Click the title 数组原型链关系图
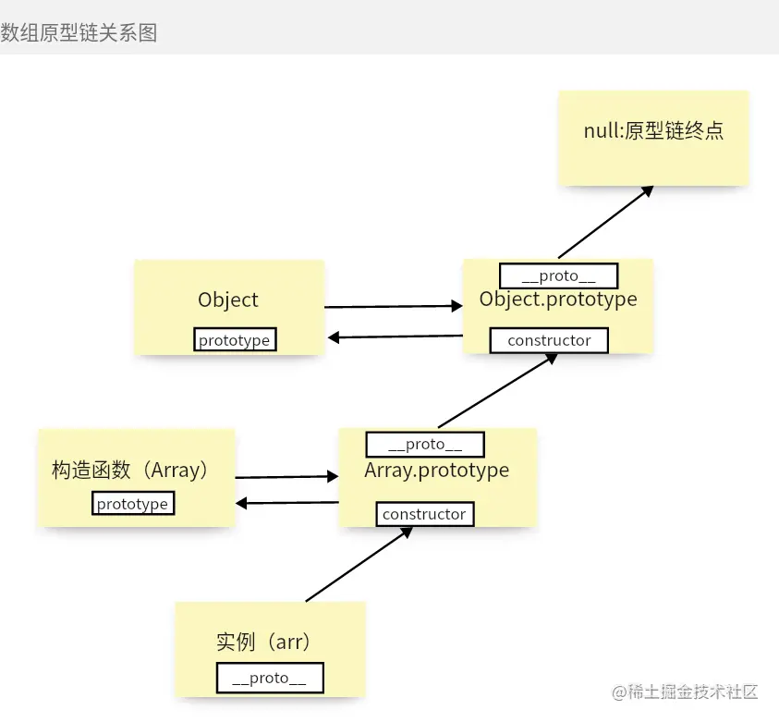(x=79, y=32)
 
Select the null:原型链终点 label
(x=653, y=130)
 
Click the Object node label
(x=228, y=300)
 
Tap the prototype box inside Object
(x=235, y=340)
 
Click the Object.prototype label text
(x=558, y=300)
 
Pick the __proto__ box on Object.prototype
(x=558, y=275)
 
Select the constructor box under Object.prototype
(x=549, y=340)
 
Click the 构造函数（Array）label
(x=131, y=470)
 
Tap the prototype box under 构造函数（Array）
(x=133, y=504)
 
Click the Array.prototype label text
(x=436, y=470)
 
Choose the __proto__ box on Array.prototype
(x=425, y=445)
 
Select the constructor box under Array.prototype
(x=425, y=514)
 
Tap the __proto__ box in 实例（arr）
(x=269, y=678)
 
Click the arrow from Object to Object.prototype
(x=393, y=306)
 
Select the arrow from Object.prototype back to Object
(x=396, y=337)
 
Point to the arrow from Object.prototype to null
(x=605, y=222)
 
